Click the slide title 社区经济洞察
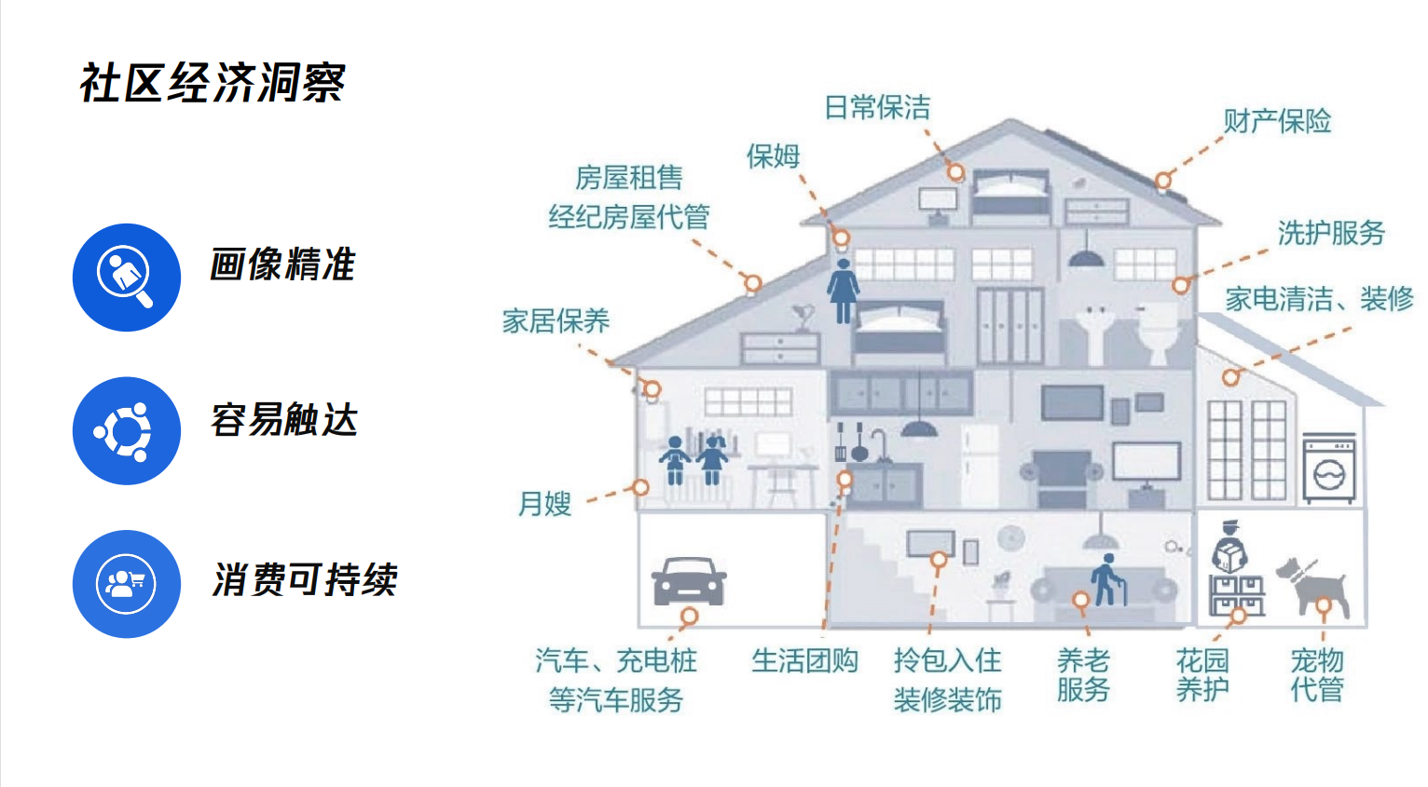(x=213, y=83)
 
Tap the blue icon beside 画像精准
(x=127, y=277)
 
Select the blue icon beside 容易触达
(x=127, y=430)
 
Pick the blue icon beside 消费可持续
(x=127, y=584)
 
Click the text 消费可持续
(x=305, y=580)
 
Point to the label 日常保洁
(x=877, y=108)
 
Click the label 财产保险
(x=1277, y=121)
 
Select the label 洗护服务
(x=1331, y=233)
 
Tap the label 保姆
(x=773, y=156)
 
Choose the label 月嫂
(x=544, y=504)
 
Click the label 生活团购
(x=804, y=660)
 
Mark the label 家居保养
(x=556, y=321)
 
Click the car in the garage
(x=689, y=581)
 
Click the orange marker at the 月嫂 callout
(x=641, y=487)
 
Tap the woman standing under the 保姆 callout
(x=843, y=290)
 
